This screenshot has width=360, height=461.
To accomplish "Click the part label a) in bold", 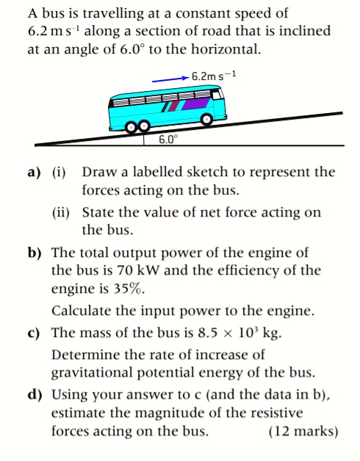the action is tap(33, 173).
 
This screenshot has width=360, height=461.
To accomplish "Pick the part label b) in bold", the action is tap(34, 253).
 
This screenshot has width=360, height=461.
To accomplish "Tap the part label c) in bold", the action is tap(33, 332).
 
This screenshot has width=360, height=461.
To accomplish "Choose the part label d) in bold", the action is tap(34, 395).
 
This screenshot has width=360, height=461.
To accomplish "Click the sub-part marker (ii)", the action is tap(61, 213).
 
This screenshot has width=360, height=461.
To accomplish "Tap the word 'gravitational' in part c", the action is tap(90, 373).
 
